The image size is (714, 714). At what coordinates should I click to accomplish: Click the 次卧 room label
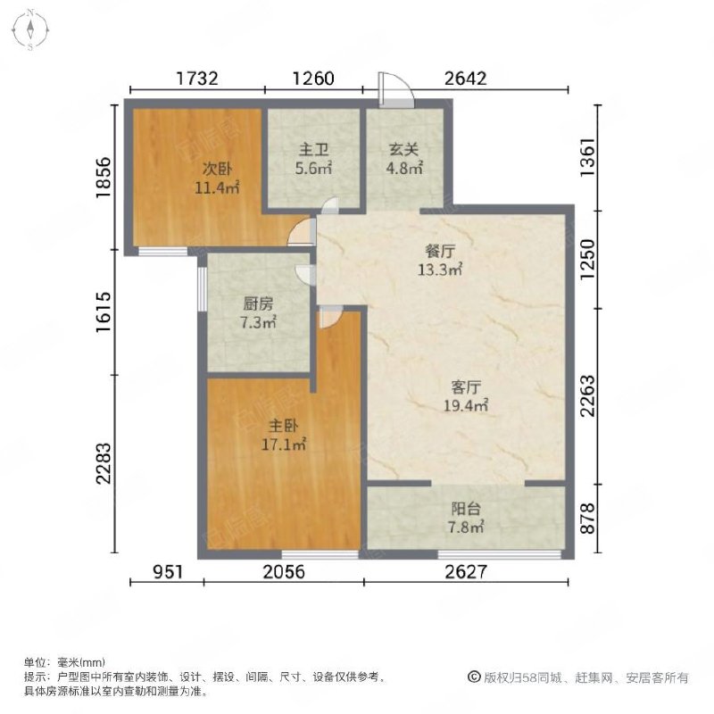pyautogui.click(x=211, y=168)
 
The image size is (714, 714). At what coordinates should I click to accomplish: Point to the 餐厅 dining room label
pyautogui.click(x=442, y=253)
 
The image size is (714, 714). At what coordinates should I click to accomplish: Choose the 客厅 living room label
pyautogui.click(x=467, y=387)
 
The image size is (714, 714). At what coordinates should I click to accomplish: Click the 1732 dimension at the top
pyautogui.click(x=197, y=78)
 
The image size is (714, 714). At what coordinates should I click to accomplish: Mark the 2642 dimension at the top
pyautogui.click(x=465, y=78)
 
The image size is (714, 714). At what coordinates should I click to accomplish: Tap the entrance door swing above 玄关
pyautogui.click(x=394, y=91)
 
